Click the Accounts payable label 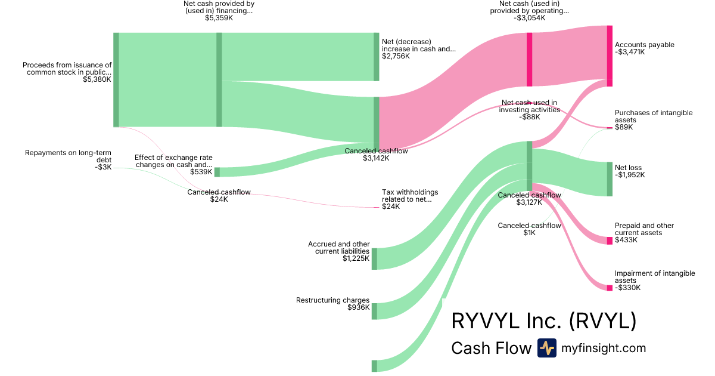tap(644, 45)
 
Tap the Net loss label tap(628, 168)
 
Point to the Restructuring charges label tap(332, 300)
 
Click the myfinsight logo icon tap(546, 348)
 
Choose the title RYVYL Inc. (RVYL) tap(543, 321)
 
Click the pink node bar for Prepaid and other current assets tap(610, 241)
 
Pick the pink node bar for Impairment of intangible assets tap(610, 288)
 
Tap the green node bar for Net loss tap(610, 179)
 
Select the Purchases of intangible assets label tap(653, 116)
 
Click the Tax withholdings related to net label tap(409, 196)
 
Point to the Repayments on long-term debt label tap(68, 156)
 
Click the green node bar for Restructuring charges tap(374, 311)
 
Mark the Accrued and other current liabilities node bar tap(374, 258)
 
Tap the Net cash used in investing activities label tap(529, 106)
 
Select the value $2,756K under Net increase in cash tap(396, 56)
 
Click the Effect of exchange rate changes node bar tap(217, 172)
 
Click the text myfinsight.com tap(604, 348)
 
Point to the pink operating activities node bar tap(529, 60)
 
